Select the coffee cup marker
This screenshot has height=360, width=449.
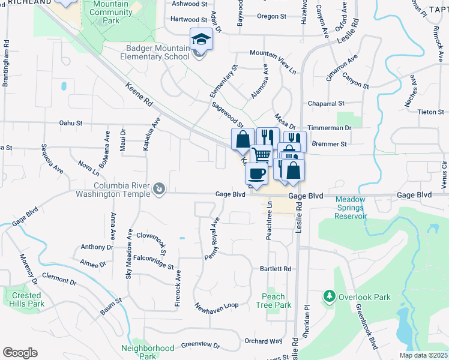click(x=256, y=173)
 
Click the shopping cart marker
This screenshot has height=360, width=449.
click(x=262, y=155)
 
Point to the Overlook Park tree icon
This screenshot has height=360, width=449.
click(x=329, y=296)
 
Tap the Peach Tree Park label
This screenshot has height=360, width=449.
click(x=277, y=301)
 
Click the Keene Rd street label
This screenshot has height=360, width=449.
click(x=139, y=96)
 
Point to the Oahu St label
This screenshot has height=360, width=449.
click(x=70, y=123)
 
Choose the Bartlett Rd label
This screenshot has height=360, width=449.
click(x=276, y=269)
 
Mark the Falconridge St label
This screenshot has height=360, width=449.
click(x=153, y=261)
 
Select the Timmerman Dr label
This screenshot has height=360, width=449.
click(x=329, y=128)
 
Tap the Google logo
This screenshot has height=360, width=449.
click(x=20, y=352)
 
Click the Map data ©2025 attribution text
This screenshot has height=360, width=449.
click(x=423, y=355)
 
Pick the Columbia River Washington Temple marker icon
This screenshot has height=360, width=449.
click(x=159, y=190)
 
